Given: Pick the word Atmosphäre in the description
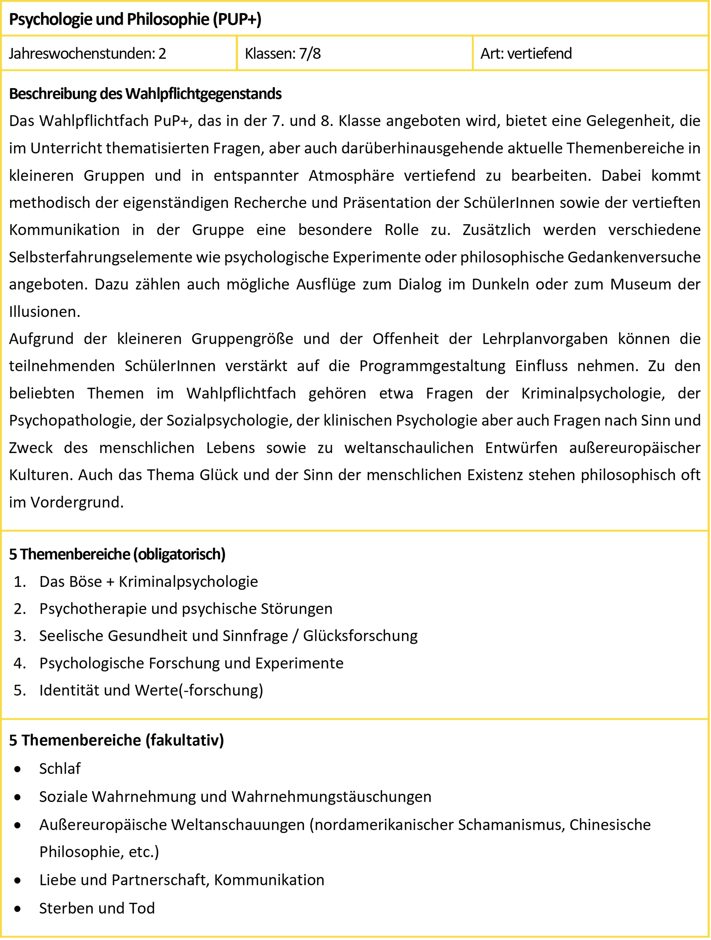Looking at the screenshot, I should click(351, 175).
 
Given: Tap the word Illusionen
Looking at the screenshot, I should click(44, 311).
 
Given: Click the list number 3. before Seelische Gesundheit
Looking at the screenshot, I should click(20, 636).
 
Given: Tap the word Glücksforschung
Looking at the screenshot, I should click(360, 636).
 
